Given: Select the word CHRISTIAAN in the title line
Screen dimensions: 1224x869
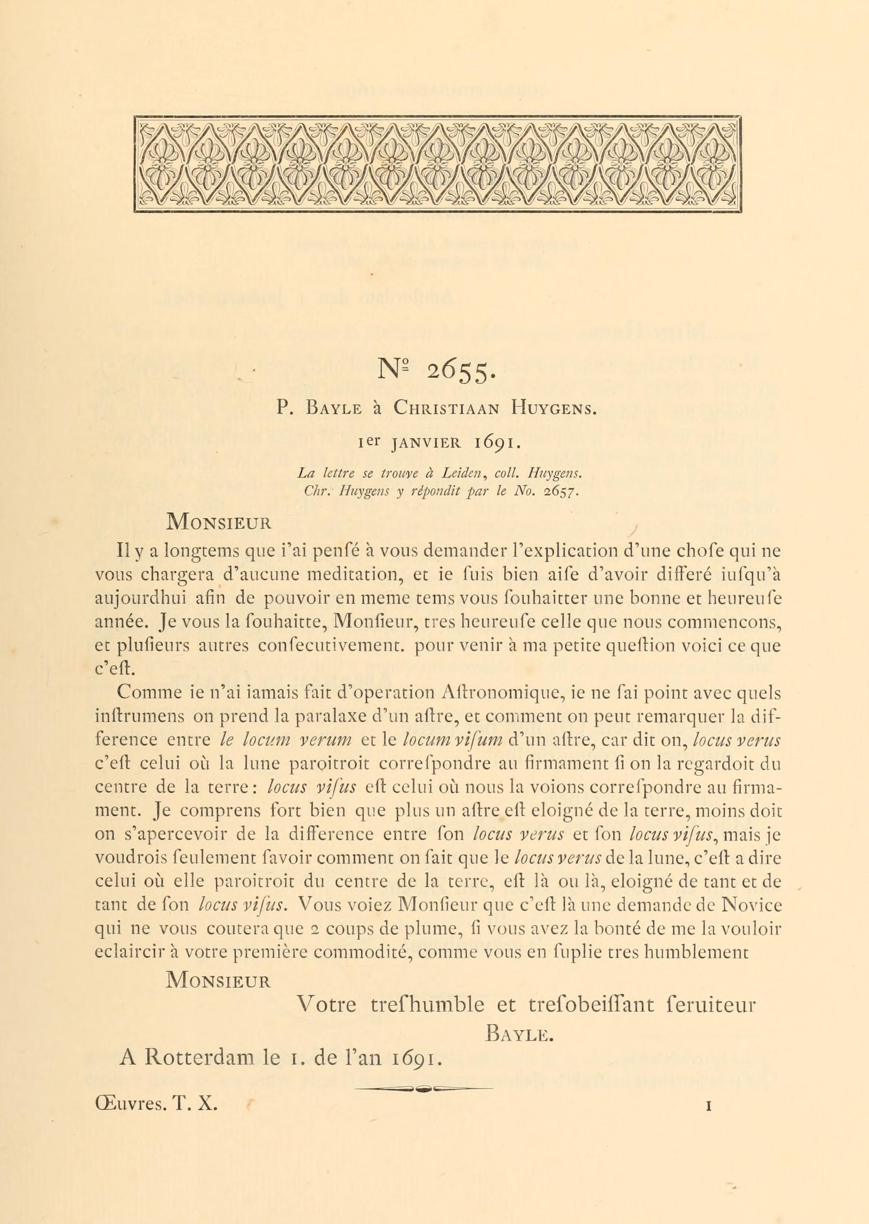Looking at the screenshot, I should click(x=446, y=409).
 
